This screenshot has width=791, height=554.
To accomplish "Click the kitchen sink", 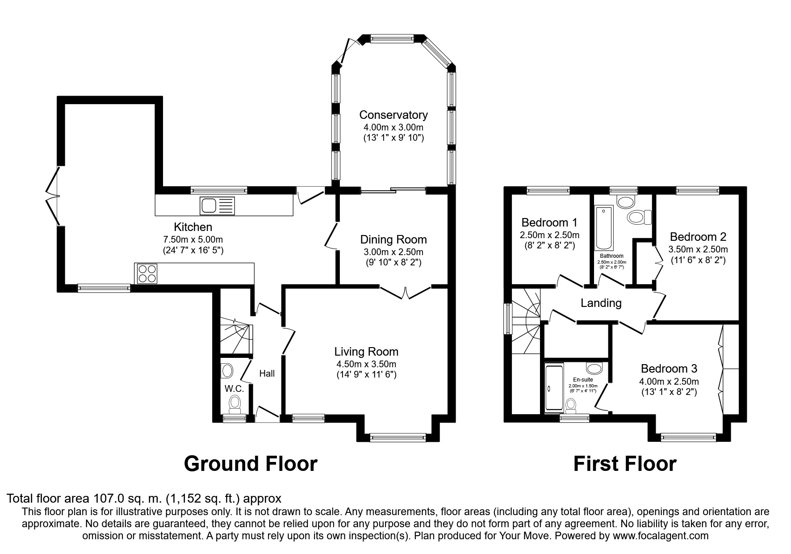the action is coord(218,206).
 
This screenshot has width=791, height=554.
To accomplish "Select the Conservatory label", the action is coord(393,115).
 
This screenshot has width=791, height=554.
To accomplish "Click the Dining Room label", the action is coord(393,240).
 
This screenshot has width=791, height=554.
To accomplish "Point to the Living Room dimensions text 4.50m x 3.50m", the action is coord(366,364).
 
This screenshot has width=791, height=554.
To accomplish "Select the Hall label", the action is coord(267,374).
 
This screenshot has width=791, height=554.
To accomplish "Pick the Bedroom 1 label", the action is coord(549,222).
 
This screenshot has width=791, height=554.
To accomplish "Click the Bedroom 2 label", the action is coord(698,237).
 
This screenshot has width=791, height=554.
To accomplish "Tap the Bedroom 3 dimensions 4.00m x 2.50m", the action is coord(669,382).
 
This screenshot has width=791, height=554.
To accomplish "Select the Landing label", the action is coord(601,303).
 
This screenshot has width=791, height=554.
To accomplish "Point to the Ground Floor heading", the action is coord(251,464).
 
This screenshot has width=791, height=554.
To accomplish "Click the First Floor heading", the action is coord(625,464).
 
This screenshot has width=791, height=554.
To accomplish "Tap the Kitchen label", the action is coord(193,227).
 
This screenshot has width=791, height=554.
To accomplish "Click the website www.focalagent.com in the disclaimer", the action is coord(660,536).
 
